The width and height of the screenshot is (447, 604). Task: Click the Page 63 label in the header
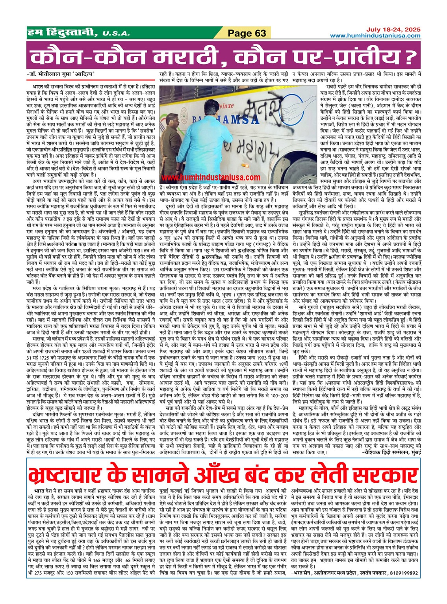247,33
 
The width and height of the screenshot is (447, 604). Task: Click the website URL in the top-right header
375,36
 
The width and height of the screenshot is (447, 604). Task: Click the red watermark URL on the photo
211,178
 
